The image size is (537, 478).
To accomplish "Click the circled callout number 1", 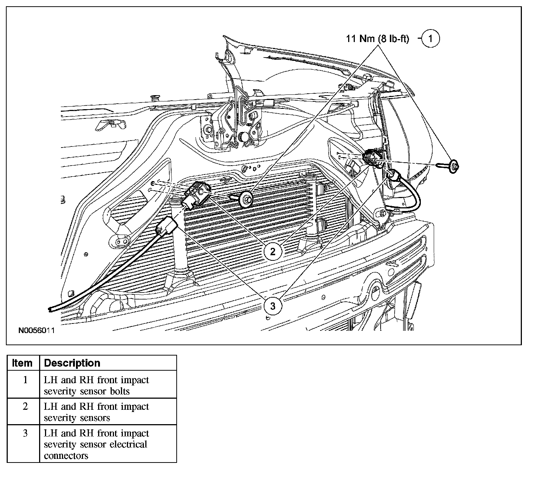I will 430,38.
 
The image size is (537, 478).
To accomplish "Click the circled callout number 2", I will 273,252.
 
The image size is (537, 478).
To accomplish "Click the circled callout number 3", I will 273,306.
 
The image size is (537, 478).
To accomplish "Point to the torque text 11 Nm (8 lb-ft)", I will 377,39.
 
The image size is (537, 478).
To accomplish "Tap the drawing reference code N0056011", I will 37,330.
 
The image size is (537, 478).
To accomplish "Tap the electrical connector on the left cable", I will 167,226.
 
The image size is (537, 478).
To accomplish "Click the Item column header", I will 22,363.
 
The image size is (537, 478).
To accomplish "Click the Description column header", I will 72,363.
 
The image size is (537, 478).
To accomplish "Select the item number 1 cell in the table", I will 25,380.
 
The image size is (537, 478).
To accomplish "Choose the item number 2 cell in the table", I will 25,407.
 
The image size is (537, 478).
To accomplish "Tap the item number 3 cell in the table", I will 25,433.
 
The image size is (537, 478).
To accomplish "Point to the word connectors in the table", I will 66,456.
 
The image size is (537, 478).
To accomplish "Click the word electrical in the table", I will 127,444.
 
